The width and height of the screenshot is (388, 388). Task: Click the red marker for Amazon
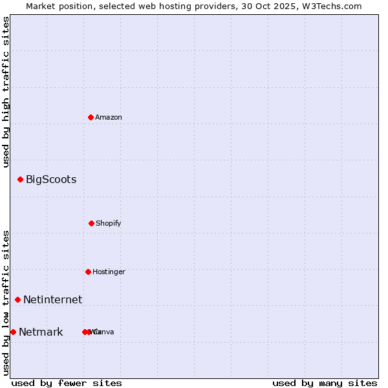(x=91, y=117)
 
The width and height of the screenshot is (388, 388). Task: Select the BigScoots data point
(x=20, y=179)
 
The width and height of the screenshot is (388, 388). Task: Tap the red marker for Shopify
(x=91, y=223)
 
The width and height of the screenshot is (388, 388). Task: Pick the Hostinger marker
(x=88, y=272)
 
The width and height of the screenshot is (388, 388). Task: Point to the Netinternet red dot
(x=17, y=299)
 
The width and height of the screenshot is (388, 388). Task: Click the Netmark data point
(x=13, y=332)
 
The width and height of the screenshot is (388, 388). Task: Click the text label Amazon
(x=109, y=117)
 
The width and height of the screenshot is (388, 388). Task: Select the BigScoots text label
(x=51, y=179)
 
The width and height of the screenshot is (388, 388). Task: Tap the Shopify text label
(x=109, y=223)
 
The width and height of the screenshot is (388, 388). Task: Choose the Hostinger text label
(x=109, y=272)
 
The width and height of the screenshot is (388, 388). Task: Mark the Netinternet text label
(x=52, y=299)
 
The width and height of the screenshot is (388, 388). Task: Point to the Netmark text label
(x=41, y=332)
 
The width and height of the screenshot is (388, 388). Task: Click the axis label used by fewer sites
(x=67, y=383)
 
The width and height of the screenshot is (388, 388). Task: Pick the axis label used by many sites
(x=325, y=383)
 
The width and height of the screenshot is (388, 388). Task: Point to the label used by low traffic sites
(x=6, y=303)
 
